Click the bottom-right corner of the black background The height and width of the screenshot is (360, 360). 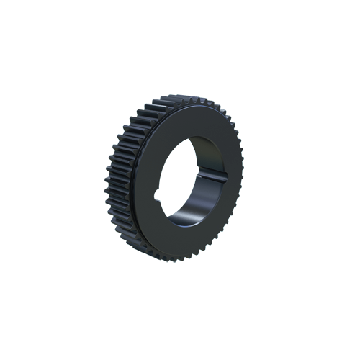(x=357, y=357)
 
